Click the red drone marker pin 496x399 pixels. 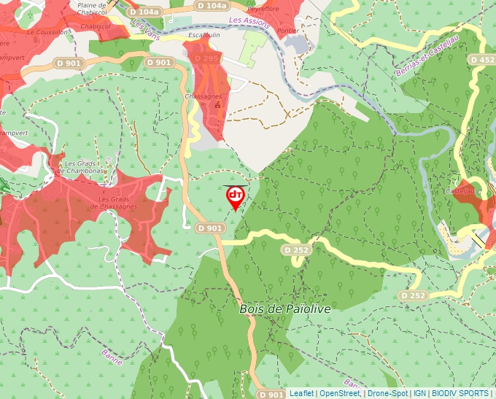[235, 196]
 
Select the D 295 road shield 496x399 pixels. [207, 58]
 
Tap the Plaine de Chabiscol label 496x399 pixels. [92, 7]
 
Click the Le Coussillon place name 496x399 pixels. [43, 32]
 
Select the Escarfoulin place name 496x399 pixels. [203, 35]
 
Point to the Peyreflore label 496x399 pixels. [263, 9]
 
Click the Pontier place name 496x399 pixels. [287, 31]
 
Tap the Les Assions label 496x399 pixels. [249, 23]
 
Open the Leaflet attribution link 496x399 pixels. [301, 393]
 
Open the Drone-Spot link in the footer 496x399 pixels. [388, 393]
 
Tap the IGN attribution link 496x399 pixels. [419, 393]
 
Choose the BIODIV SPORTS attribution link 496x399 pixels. [460, 393]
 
